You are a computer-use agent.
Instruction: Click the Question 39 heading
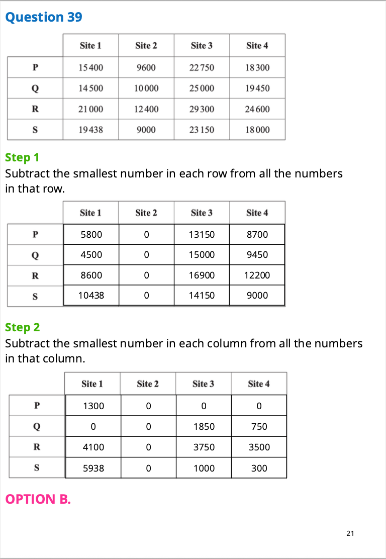pyautogui.click(x=43, y=17)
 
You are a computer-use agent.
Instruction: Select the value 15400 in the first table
pyautogui.click(x=91, y=67)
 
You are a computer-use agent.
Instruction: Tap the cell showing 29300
pyautogui.click(x=202, y=109)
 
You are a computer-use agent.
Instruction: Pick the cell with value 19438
pyautogui.click(x=91, y=130)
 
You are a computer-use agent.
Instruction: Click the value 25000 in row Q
pyautogui.click(x=202, y=88)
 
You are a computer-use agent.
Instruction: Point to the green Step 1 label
pyautogui.click(x=22, y=157)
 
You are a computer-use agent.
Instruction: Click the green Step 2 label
pyautogui.click(x=22, y=327)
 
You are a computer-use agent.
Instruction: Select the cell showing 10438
pyautogui.click(x=91, y=296)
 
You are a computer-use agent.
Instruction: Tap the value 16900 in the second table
pyautogui.click(x=202, y=275)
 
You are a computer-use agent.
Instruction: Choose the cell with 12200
pyautogui.click(x=257, y=275)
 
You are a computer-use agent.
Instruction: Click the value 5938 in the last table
pyautogui.click(x=93, y=468)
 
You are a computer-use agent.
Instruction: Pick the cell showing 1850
pyautogui.click(x=204, y=426)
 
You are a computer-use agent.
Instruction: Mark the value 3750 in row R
pyautogui.click(x=204, y=447)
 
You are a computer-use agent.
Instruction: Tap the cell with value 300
pyautogui.click(x=259, y=468)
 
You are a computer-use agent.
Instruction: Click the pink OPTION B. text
pyautogui.click(x=38, y=499)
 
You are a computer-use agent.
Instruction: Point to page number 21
pyautogui.click(x=350, y=533)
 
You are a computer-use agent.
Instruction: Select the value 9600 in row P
pyautogui.click(x=146, y=67)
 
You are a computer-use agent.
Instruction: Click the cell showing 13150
pyautogui.click(x=202, y=234)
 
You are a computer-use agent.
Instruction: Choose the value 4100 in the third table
pyautogui.click(x=93, y=447)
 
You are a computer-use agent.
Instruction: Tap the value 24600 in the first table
pyautogui.click(x=257, y=109)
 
